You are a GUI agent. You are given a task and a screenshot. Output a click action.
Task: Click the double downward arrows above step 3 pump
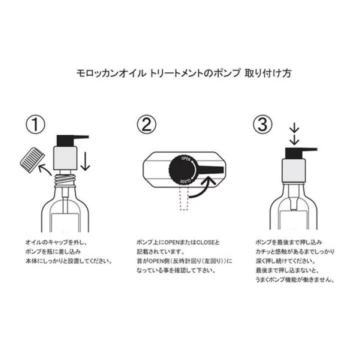tap(294, 132)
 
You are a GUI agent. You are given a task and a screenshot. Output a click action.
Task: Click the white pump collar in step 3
tap(295, 169)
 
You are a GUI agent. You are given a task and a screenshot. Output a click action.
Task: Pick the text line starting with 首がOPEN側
tap(184, 261)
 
